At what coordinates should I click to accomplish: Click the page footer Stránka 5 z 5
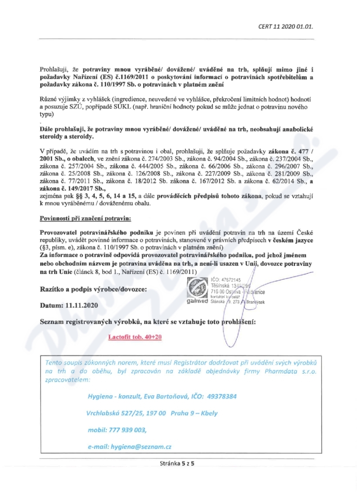pos(180,462)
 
